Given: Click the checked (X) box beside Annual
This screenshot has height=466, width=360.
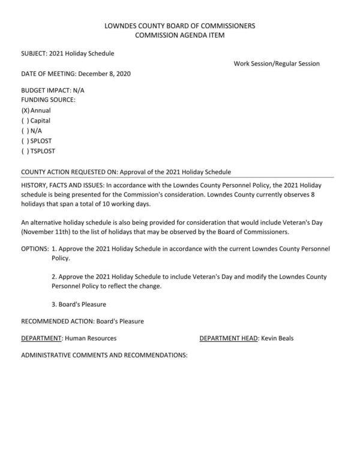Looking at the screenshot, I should pyautogui.click(x=25, y=110).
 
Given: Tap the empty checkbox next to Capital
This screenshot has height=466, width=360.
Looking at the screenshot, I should pyautogui.click(x=25, y=121).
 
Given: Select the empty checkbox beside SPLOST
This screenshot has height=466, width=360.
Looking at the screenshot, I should pyautogui.click(x=25, y=141).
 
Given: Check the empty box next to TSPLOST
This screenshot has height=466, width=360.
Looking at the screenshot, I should pyautogui.click(x=25, y=151).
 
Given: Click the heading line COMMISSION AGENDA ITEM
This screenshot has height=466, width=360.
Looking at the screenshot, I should pyautogui.click(x=180, y=36).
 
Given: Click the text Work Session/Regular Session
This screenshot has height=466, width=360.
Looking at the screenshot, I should pyautogui.click(x=277, y=64).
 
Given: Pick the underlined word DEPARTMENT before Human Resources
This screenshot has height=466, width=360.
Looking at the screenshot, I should pyautogui.click(x=41, y=338).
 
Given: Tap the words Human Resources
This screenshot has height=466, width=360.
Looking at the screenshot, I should pyautogui.click(x=91, y=338).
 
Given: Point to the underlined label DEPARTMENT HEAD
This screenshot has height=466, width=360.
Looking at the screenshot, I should pyautogui.click(x=229, y=338).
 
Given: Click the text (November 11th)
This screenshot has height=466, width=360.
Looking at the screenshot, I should pyautogui.click(x=47, y=232).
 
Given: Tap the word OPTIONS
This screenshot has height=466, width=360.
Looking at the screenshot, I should pyautogui.click(x=34, y=248).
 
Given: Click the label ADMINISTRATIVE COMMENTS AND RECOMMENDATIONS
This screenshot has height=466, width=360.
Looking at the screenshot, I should pyautogui.click(x=104, y=355).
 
